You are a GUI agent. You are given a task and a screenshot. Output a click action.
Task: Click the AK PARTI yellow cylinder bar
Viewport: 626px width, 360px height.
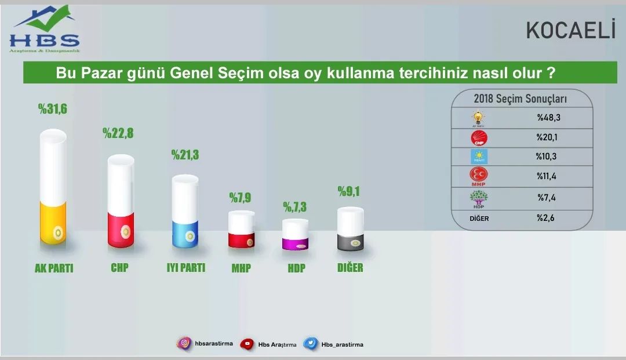coord(53,187)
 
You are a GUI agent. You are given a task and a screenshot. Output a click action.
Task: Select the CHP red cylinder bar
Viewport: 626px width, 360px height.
coord(121,201)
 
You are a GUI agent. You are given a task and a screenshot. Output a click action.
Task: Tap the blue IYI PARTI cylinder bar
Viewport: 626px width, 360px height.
coord(185,211)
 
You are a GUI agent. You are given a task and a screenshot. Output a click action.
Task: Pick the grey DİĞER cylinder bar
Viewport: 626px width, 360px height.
coord(351,228)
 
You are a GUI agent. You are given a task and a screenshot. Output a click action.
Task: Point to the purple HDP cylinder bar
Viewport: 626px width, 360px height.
coord(296,235)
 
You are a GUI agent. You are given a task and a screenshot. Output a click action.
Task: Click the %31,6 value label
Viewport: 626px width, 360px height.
coord(53,108)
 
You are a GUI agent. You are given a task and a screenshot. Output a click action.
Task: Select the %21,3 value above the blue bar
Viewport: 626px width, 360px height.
coord(185,155)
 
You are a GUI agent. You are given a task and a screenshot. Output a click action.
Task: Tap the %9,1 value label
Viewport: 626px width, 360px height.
coord(349,191)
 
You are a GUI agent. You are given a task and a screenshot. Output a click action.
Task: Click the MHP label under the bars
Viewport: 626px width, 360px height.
coord(241,268)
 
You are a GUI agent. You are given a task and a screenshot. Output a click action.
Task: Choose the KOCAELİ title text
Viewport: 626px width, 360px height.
coord(571,30)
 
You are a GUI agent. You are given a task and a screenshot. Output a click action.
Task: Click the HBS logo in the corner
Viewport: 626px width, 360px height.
coord(45,29)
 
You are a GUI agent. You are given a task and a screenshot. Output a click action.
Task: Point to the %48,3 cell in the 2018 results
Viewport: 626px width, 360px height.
coord(548,117)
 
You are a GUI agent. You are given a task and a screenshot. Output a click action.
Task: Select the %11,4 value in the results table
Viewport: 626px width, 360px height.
coord(547,176)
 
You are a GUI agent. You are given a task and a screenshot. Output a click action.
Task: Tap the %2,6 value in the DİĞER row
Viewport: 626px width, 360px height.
coord(546,218)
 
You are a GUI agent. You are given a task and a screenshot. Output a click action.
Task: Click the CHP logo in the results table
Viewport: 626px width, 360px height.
coord(479,138)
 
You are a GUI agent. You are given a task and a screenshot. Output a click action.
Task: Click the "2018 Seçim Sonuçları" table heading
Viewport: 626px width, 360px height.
coord(520,99)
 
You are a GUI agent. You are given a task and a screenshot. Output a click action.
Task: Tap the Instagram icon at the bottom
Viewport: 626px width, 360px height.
coord(184,343)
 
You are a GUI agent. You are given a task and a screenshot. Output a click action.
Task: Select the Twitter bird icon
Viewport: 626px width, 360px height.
coord(311,344)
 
